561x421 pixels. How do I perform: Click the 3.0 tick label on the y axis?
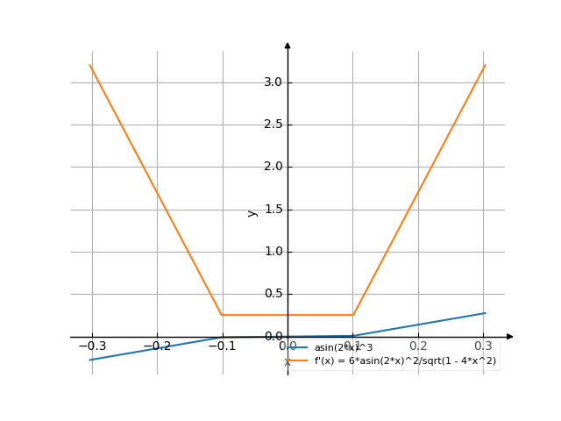pyautogui.click(x=273, y=82)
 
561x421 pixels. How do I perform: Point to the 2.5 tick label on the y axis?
pyautogui.click(x=273, y=125)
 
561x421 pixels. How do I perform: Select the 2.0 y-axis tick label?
pyautogui.click(x=273, y=167)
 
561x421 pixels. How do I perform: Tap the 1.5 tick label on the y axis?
pyautogui.click(x=273, y=210)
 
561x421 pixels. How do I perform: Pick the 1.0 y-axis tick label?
pyautogui.click(x=273, y=252)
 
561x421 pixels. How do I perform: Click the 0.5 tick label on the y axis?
pyautogui.click(x=273, y=294)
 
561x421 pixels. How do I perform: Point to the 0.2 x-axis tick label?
pyautogui.click(x=419, y=346)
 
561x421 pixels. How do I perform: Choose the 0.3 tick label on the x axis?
pyautogui.click(x=485, y=346)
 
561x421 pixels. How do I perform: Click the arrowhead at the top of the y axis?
pyautogui.click(x=288, y=45)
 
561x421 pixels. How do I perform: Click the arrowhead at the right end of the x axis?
pyautogui.click(x=510, y=337)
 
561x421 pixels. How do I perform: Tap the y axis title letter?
pyautogui.click(x=252, y=212)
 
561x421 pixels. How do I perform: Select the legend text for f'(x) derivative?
pyautogui.click(x=405, y=360)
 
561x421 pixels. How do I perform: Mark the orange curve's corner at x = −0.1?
pyautogui.click(x=222, y=315)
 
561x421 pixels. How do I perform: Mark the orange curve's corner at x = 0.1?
pyautogui.click(x=353, y=315)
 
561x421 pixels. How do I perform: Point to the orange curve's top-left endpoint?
pyautogui.click(x=90, y=65)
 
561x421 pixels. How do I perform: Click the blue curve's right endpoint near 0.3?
pyautogui.click(x=485, y=313)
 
